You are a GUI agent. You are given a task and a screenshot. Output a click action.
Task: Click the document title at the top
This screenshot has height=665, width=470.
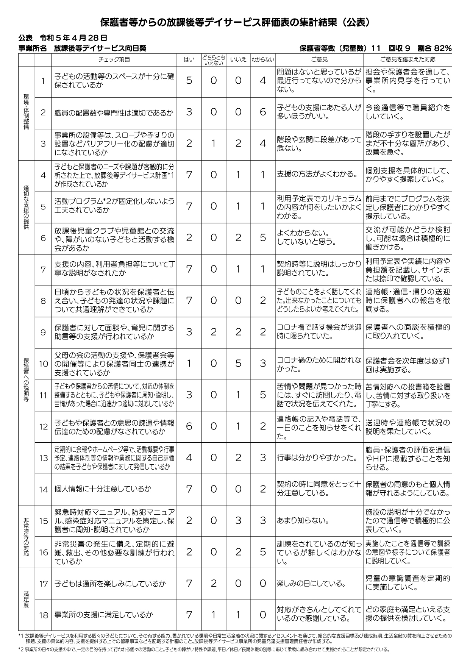pos(235,23)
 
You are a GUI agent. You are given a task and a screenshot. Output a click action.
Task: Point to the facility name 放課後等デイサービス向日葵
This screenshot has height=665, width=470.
pos(100,48)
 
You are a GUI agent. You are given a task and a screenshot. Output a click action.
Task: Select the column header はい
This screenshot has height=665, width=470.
pos(189,59)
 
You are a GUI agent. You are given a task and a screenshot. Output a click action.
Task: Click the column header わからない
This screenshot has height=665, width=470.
pos(263,59)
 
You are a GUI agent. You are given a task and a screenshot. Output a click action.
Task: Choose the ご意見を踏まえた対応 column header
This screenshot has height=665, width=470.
pos(408,59)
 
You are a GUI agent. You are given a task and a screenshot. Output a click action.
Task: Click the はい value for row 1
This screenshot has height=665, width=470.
pos(189,81)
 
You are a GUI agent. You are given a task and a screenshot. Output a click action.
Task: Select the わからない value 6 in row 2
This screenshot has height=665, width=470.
pos(263,112)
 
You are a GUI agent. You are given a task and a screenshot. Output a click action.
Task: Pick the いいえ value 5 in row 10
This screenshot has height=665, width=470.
pos(238,364)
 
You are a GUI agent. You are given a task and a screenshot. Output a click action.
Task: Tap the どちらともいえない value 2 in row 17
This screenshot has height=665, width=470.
pos(214,584)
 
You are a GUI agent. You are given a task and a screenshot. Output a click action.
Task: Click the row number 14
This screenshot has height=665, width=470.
pos(43,489)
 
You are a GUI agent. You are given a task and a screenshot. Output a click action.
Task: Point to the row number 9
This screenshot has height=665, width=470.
pos(43,332)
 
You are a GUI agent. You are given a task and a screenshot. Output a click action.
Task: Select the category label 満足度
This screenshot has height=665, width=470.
pos(26,599)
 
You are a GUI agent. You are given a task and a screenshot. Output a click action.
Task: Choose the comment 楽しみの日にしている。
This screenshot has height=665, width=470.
pos(311,584)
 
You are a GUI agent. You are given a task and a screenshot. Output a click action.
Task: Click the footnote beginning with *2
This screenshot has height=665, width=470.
pos(205,649)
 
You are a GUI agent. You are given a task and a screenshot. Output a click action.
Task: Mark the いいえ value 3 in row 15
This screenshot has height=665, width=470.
pos(238,521)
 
